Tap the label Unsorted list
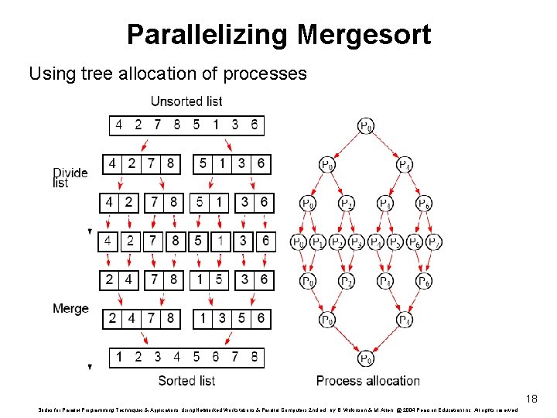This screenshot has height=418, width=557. point(186,101)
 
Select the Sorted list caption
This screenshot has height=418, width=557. point(186,381)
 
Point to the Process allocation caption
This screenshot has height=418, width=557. point(368,381)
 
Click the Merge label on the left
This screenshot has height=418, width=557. point(70,309)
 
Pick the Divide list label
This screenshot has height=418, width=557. point(70,177)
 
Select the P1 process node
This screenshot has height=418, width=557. point(317,242)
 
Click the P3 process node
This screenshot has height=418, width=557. point(357,242)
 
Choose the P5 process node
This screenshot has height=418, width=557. point(395,242)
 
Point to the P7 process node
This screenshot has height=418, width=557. point(434,242)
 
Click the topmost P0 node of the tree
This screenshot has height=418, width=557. point(366,125)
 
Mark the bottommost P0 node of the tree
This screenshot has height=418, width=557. point(366,358)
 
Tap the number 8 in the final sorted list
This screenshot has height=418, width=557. point(255,358)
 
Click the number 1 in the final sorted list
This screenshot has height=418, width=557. point(118,358)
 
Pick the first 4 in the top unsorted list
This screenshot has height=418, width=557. point(118,125)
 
